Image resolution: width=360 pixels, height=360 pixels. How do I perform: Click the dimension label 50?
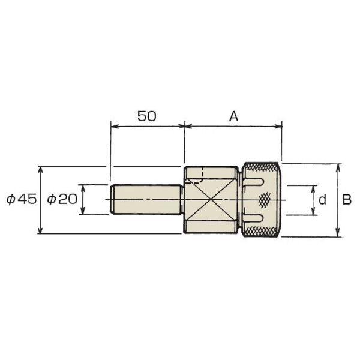coord(147,116)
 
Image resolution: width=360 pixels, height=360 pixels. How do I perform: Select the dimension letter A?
coord(234,116)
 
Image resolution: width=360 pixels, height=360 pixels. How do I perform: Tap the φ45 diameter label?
coord(22,199)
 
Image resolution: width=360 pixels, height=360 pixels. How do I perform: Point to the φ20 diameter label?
coord(62,199)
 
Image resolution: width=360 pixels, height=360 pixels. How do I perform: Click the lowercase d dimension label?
coord(322,200)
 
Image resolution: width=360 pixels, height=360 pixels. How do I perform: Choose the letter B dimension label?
coord(347,200)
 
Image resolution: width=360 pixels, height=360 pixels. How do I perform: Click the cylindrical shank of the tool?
coord(146,199)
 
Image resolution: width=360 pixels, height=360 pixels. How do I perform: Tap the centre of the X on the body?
coord(211,199)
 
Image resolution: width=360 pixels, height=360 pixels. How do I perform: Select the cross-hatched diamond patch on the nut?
coord(265,200)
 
